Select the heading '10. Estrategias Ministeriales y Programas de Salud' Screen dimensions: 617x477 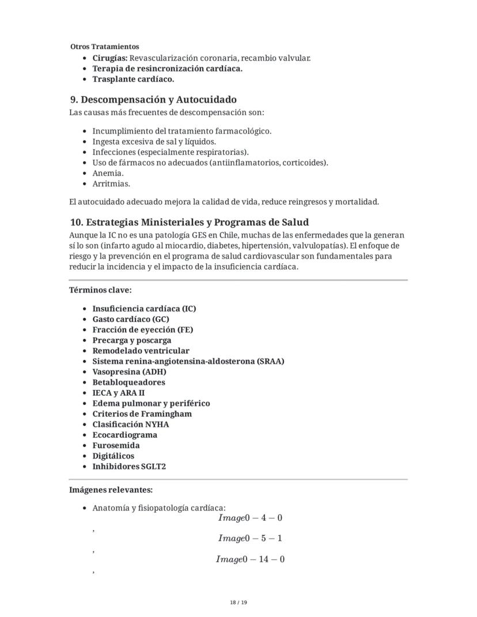189,222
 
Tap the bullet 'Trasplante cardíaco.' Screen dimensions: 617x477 133,79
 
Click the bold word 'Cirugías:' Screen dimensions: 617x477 109,58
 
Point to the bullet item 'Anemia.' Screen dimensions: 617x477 108,173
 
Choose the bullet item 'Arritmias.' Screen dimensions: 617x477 111,184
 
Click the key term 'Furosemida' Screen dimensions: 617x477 116,445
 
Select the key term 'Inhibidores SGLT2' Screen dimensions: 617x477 129,467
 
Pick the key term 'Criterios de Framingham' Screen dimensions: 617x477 142,414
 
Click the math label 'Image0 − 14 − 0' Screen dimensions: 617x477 250,559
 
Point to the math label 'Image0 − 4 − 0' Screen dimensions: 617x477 250,518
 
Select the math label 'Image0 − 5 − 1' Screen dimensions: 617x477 250,539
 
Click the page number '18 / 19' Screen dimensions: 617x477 238,603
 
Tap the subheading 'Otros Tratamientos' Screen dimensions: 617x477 104,46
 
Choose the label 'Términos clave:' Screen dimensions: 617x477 100,290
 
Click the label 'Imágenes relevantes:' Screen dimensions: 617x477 111,490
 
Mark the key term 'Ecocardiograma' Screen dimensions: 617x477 124,435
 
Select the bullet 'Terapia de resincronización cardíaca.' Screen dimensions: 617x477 167,69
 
